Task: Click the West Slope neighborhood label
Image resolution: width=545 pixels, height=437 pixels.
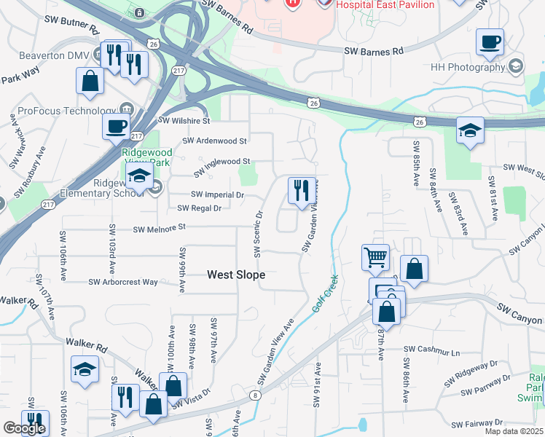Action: click(x=236, y=275)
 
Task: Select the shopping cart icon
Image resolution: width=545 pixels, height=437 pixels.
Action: click(x=375, y=256)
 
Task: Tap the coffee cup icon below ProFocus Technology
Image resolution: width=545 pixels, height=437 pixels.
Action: click(x=115, y=125)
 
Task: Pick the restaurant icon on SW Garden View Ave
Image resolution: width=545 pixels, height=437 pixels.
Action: click(x=302, y=192)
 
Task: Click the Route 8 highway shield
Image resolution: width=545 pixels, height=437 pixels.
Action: click(x=254, y=395)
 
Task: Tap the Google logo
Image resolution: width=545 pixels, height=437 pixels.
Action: click(x=23, y=428)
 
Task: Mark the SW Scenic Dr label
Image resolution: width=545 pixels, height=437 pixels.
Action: click(x=258, y=234)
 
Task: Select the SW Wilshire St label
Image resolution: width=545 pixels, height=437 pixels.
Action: click(x=184, y=120)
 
